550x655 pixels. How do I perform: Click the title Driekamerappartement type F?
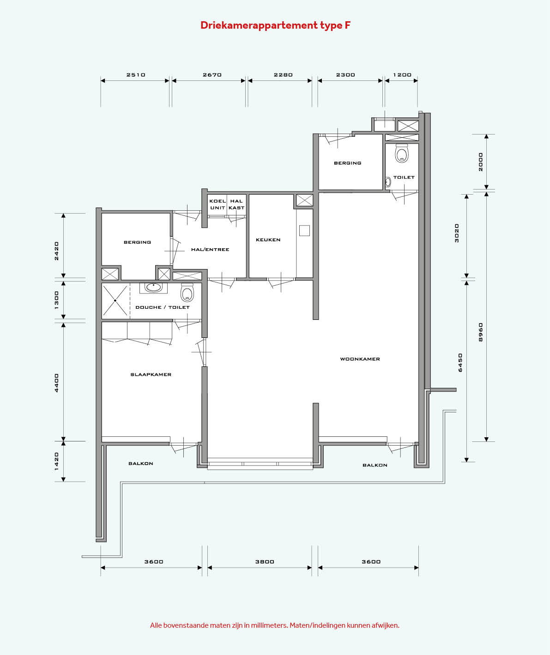276,25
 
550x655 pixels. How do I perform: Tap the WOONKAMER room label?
360,359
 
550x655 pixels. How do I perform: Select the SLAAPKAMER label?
151,374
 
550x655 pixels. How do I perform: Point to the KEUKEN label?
268,239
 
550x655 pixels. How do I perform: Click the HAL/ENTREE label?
210,250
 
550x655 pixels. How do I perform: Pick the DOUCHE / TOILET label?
163,307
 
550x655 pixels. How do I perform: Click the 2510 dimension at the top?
136,75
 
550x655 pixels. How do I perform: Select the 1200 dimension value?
402,75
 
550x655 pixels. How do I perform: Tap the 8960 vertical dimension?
480,332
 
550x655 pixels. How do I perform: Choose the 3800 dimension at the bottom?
265,562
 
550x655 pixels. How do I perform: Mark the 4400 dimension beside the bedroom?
56,383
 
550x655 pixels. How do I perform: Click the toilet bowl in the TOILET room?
402,153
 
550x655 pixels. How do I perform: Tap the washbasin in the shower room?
153,287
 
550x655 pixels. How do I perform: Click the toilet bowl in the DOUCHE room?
187,293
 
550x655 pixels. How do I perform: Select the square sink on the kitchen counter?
304,231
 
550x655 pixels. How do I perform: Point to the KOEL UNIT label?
218,204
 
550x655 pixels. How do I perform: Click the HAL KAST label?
236,204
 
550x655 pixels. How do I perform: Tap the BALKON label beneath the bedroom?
141,463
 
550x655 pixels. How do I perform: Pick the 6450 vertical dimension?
460,363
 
